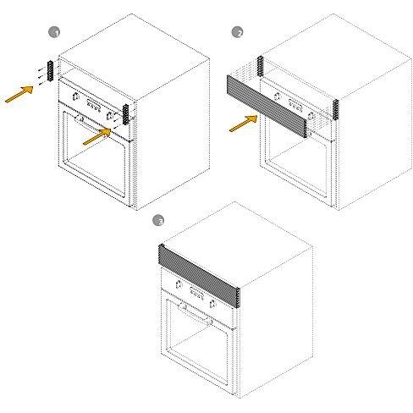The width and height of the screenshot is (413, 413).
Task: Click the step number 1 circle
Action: pyautogui.click(x=54, y=32)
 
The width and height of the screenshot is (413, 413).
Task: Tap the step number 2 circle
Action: pyautogui.click(x=237, y=32)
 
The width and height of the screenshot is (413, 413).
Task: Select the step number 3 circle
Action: pyautogui.click(x=158, y=220)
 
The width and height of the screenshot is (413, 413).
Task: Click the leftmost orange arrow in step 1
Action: pyautogui.click(x=19, y=94)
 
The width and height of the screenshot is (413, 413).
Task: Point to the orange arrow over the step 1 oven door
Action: pyautogui.click(x=96, y=136)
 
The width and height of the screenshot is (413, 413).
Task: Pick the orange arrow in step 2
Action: pyautogui.click(x=244, y=124)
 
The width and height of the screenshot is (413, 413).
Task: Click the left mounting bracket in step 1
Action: pyautogui.click(x=51, y=71)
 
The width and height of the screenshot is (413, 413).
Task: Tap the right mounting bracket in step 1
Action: pyautogui.click(x=126, y=114)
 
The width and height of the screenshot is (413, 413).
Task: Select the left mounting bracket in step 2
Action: pyautogui.click(x=260, y=66)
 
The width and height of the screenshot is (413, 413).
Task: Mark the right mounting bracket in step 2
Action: pyautogui.click(x=335, y=109)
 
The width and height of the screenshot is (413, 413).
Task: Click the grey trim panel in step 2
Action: pyautogui.click(x=267, y=106)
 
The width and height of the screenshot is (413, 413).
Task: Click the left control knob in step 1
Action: pyautogui.click(x=76, y=96)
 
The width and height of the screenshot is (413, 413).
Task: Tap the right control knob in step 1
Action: pyautogui.click(x=109, y=115)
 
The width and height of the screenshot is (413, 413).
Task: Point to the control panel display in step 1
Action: pyautogui.click(x=93, y=106)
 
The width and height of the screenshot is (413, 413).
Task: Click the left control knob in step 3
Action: pyautogui.click(x=179, y=284)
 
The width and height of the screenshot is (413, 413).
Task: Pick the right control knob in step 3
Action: pyautogui.click(x=212, y=304)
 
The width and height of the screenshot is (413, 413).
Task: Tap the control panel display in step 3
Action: pyautogui.click(x=197, y=294)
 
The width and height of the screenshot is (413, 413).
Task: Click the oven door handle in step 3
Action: pyautogui.click(x=195, y=314)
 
